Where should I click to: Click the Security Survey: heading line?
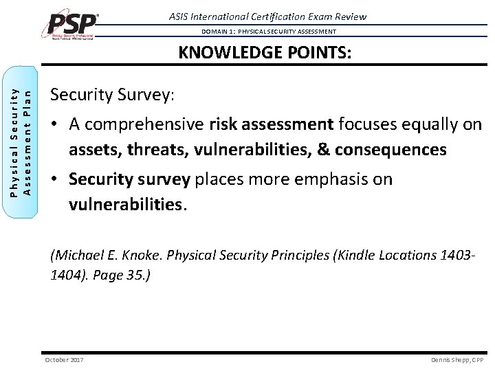pyautogui.click(x=113, y=95)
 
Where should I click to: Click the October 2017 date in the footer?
pyautogui.click(x=64, y=360)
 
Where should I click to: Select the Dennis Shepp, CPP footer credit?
pyautogui.click(x=457, y=360)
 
